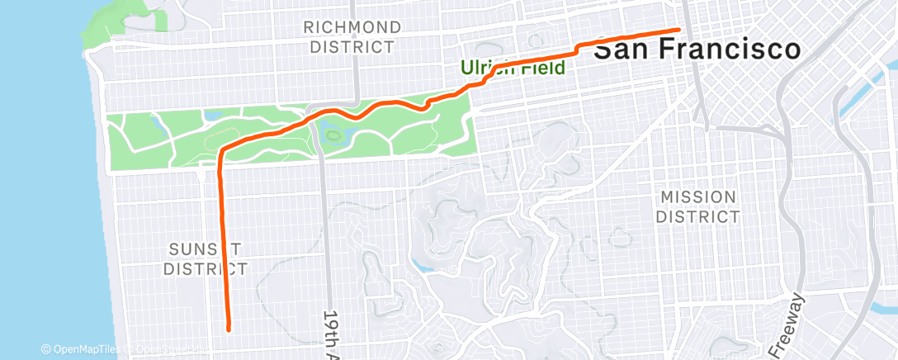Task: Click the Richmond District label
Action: [x=352, y=37]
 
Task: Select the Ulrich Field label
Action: [x=513, y=68]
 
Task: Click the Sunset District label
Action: [x=206, y=258]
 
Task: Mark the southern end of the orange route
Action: [x=228, y=329]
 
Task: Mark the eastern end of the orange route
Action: [x=678, y=30]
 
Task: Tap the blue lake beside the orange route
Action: [x=339, y=128]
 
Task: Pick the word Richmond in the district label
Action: [x=352, y=27]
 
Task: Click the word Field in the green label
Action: [x=544, y=68]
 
